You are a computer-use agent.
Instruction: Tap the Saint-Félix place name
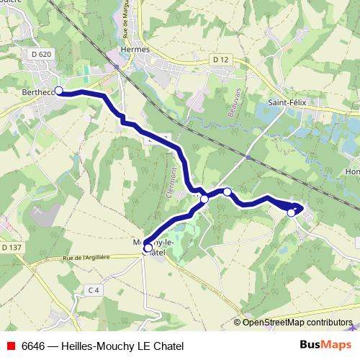coord(287,102)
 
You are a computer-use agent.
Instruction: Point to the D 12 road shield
coord(220,59)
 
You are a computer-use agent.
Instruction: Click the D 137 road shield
coord(11,248)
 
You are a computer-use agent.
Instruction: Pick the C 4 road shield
coord(91,290)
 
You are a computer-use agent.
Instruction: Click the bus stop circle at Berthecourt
coord(59,91)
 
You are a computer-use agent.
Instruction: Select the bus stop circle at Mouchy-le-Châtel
coord(148,248)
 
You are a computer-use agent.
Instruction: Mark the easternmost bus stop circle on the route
coord(292,212)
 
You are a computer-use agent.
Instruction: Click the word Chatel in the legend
coord(169,346)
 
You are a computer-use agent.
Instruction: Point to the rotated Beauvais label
coord(212,109)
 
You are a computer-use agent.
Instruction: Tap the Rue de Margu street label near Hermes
coord(127,22)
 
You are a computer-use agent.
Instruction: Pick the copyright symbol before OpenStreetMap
coord(238,323)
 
